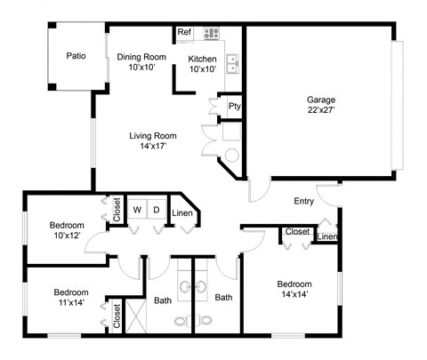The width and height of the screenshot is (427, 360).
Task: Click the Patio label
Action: tap(77, 56)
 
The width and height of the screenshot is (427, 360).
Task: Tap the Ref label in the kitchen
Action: tap(184, 33)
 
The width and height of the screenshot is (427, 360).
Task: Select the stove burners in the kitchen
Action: tap(212, 34)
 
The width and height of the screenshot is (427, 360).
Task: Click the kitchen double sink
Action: tap(232, 62)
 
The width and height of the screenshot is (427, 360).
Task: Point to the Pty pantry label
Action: tap(235, 106)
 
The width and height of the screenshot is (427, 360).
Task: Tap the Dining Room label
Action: tap(142, 62)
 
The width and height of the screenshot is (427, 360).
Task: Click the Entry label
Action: tap(304, 201)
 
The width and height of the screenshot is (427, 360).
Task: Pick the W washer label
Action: tap(138, 211)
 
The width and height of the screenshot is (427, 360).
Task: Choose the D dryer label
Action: tap(156, 211)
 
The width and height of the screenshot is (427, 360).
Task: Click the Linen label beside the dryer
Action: tap(182, 213)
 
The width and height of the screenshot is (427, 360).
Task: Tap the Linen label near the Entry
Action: tap(327, 236)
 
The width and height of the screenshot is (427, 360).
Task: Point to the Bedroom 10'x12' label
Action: tap(67, 230)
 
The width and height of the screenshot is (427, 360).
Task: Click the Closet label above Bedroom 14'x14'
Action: tap(297, 232)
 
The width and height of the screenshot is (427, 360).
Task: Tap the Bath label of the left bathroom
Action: tap(163, 300)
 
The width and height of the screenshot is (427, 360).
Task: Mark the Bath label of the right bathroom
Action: tap(223, 298)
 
